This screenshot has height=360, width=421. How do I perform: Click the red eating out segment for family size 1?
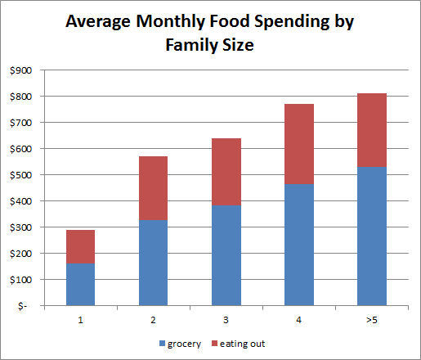(x=81, y=246)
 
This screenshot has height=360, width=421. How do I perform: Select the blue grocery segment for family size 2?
(x=154, y=263)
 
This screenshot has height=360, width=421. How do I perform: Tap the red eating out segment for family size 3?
(x=226, y=172)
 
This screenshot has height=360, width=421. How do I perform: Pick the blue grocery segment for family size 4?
(x=299, y=245)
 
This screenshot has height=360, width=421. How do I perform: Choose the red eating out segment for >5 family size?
(x=372, y=130)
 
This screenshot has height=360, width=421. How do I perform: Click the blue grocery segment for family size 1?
(x=81, y=285)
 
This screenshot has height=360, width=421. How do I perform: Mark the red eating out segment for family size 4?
(x=299, y=144)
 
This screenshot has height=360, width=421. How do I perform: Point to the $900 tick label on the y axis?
(x=20, y=70)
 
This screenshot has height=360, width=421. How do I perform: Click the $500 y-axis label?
(x=20, y=175)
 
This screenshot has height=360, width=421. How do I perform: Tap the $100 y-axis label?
(x=20, y=280)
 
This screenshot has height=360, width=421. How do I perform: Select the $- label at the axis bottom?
(x=23, y=306)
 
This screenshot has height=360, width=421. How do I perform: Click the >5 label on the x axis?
(x=372, y=320)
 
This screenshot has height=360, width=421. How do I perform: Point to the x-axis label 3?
(x=226, y=320)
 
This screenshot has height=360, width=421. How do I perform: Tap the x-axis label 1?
(x=80, y=320)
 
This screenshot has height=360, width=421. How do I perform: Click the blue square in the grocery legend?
(x=162, y=344)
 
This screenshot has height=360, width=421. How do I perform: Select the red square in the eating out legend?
(x=214, y=344)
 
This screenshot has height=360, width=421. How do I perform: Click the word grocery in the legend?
(x=184, y=344)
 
